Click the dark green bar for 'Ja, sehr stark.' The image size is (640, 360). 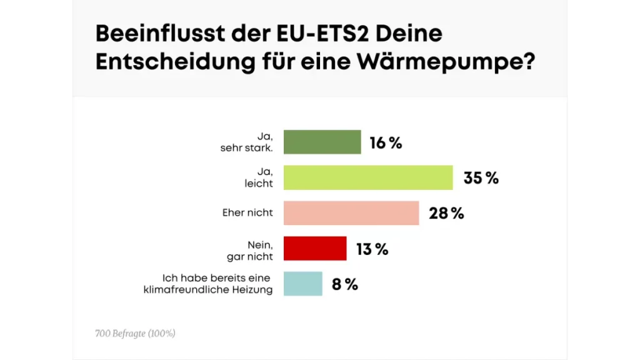coord(322,142)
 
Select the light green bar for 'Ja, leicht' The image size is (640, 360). coord(368,177)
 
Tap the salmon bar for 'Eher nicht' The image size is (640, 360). coord(351,212)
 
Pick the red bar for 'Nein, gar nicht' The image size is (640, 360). coord(315,248)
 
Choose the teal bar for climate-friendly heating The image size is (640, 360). coord(303,284)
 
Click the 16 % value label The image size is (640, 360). coord(386,143)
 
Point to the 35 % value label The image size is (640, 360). coord(481,178)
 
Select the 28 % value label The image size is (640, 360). coord(446,213)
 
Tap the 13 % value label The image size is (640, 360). coord(372,249)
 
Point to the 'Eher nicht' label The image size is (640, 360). coord(247,212)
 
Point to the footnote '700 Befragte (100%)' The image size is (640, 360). coord(135,334)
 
